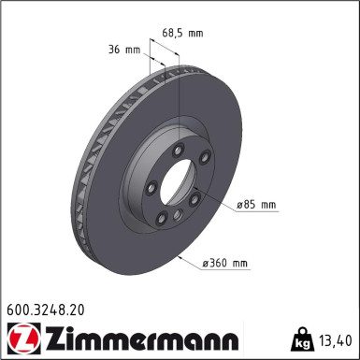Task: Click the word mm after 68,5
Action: pos(194,33)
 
